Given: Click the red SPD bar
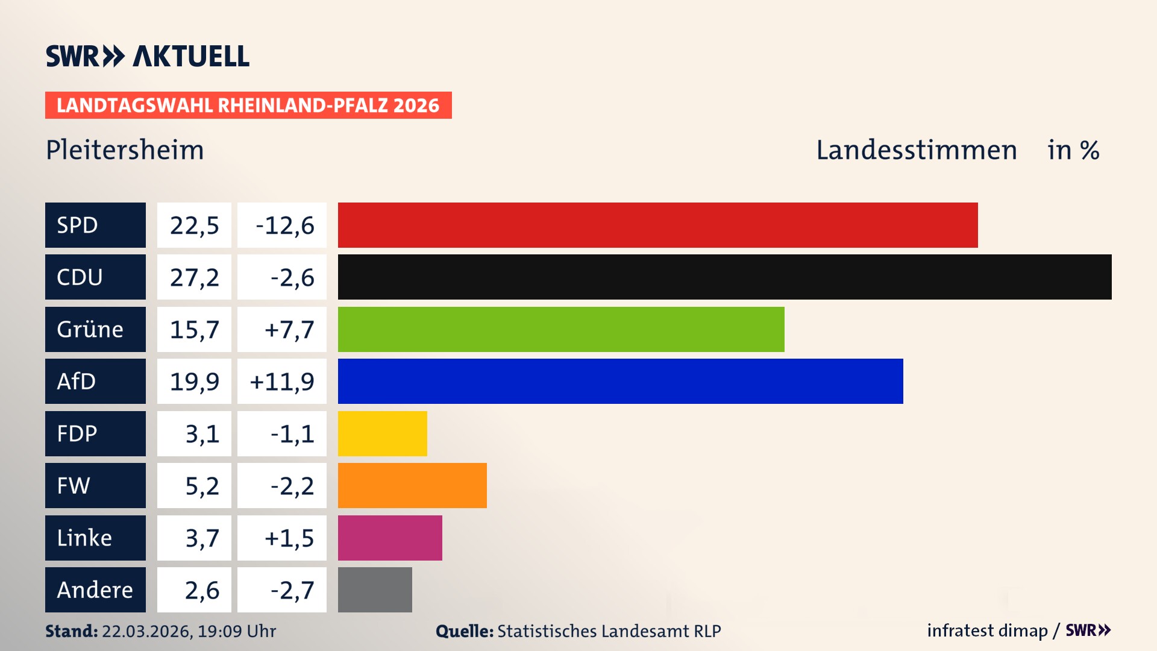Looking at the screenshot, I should pos(657,225).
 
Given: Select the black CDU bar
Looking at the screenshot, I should pos(724,277).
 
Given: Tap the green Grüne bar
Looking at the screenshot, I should pos(561,329).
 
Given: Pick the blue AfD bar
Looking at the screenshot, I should pos(620,381).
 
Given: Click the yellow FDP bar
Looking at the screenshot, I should pos(382,433).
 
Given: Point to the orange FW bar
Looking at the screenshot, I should pos(412,485).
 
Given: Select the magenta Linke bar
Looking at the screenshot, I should pos(390,538).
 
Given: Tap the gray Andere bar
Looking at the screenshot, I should pos(375,590).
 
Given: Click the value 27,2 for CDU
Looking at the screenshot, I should pos(194,277).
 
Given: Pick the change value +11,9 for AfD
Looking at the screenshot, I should pos(282,382).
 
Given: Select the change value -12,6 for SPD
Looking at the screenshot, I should pos(284,225).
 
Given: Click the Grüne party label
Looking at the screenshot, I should pos(90,329).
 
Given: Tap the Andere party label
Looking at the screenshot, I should pos(95,590).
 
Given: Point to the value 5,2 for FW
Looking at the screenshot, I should pos(202,486).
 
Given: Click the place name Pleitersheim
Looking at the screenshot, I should pos(125,149).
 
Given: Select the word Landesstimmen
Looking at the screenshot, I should pos(916,149).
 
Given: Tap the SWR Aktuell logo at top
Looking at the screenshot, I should pos(148,56).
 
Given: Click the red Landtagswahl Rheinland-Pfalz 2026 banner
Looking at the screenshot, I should pos(248,105).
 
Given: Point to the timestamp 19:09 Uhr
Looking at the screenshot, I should pos(236,631).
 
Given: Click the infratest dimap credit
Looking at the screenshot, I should pos(986,631).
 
